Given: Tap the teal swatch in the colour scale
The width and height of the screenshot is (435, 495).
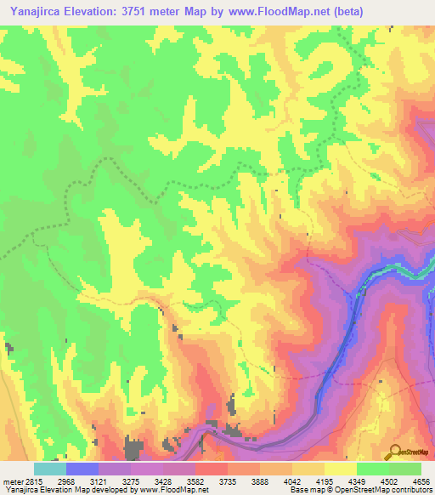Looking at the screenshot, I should point(50,469).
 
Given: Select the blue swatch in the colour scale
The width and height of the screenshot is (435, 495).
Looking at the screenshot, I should point(82,469).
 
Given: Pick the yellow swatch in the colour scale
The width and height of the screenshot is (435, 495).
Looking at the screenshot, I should point(341,469).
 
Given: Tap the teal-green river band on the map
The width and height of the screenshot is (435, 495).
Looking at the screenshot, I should point(399,271).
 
